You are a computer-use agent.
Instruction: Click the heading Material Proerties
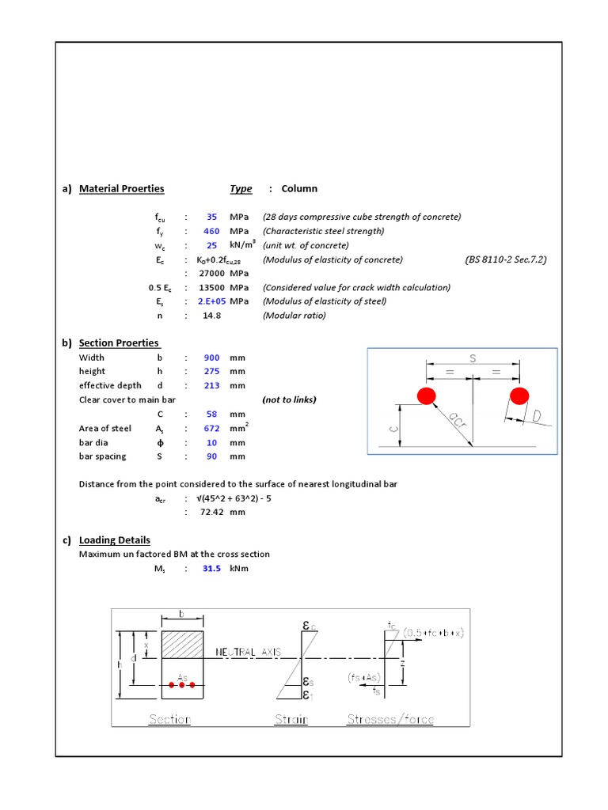121,188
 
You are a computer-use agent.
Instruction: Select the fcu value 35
212,217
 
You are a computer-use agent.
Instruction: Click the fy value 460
211,231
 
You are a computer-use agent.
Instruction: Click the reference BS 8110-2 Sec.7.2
506,259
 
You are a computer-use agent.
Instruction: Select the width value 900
211,358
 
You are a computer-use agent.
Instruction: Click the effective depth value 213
211,386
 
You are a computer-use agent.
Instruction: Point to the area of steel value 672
211,429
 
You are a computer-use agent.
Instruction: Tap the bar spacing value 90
212,456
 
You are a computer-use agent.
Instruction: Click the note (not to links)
289,399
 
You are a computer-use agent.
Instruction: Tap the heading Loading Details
114,540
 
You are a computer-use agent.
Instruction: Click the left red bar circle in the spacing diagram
427,395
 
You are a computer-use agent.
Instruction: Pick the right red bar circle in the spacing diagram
519,395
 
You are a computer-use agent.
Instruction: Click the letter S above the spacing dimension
473,358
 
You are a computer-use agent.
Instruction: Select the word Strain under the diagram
291,719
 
